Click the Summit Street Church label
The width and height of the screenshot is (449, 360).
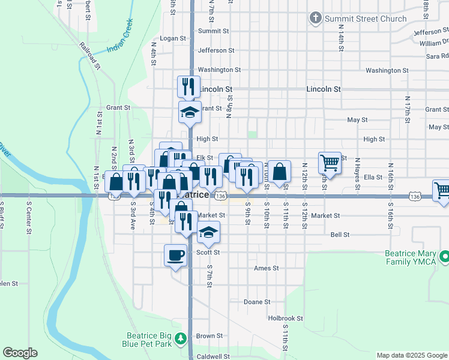366,19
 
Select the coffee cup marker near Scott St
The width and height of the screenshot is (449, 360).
175,255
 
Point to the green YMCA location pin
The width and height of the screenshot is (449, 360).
444,257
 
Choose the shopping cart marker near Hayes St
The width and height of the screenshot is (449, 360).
330,162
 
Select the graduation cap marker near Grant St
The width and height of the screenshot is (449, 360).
190,112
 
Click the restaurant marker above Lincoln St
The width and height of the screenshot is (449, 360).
188,86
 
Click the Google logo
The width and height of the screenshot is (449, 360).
20,353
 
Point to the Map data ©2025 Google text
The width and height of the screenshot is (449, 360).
411,355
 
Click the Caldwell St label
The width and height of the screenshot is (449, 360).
212,356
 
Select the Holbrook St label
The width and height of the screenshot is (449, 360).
286,318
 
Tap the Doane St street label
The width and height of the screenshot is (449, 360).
257,302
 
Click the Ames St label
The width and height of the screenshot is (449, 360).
266,268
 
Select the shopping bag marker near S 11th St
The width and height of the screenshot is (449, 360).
280,172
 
